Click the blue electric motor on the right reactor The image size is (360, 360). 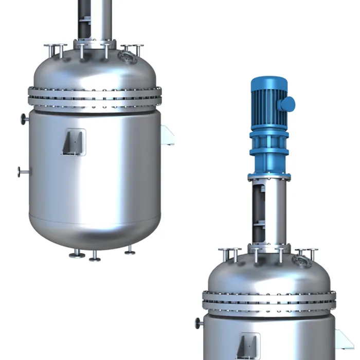[x=268, y=103]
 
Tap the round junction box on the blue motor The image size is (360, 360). [x=287, y=104]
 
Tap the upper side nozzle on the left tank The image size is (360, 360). [x=24, y=119]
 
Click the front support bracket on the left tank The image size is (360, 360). [x=73, y=142]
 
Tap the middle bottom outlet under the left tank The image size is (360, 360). [x=95, y=257]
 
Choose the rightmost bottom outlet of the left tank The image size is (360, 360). [x=130, y=251]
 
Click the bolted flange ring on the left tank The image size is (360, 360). [x=95, y=97]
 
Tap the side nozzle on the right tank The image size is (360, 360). [x=199, y=323]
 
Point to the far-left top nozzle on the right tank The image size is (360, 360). [x=229, y=254]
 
